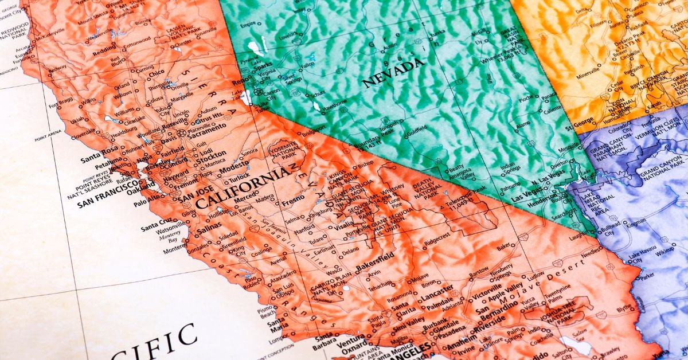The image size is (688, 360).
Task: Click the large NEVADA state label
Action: [x=393, y=73]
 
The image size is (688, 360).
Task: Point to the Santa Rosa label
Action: [x=99, y=160]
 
